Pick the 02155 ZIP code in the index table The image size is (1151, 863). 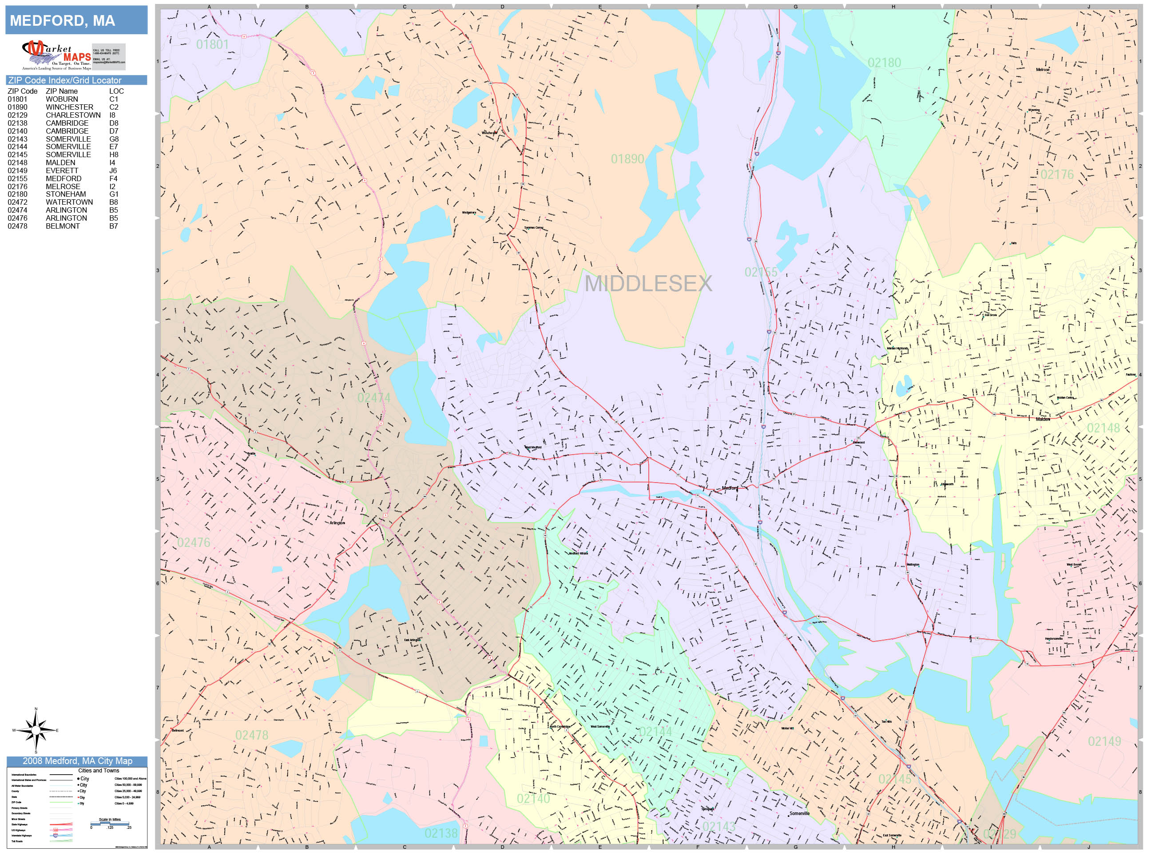[17, 178]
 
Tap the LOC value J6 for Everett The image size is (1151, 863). [113, 170]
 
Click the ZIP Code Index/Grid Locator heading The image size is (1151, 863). [64, 80]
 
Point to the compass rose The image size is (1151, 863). [36, 730]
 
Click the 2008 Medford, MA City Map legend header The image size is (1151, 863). [77, 761]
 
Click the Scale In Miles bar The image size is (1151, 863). [110, 823]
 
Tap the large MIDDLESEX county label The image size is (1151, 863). [648, 284]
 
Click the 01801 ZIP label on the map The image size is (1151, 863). [212, 45]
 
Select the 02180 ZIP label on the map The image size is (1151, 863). [884, 63]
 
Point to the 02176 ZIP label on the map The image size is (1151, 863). [1057, 175]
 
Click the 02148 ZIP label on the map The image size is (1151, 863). [1103, 428]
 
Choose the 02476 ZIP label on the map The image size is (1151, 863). [194, 542]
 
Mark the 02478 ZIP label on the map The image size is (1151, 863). [252, 735]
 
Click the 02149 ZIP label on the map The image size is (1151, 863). [1104, 741]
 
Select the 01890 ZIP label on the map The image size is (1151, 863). [627, 159]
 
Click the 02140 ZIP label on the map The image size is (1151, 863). [533, 799]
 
